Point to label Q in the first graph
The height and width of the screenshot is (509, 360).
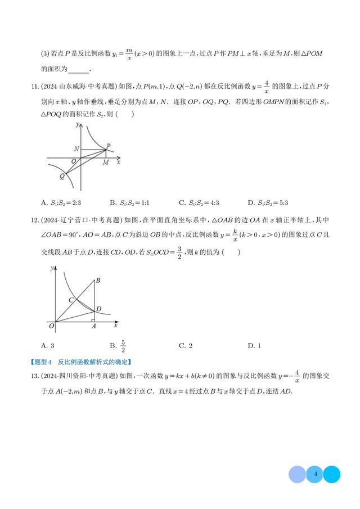pos(62,176)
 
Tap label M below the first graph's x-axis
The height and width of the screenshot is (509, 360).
pos(105,163)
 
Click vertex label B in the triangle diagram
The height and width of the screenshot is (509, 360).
pos(98,280)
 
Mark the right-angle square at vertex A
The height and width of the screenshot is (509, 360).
pos(92,321)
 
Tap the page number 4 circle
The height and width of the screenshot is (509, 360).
pos(316,474)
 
